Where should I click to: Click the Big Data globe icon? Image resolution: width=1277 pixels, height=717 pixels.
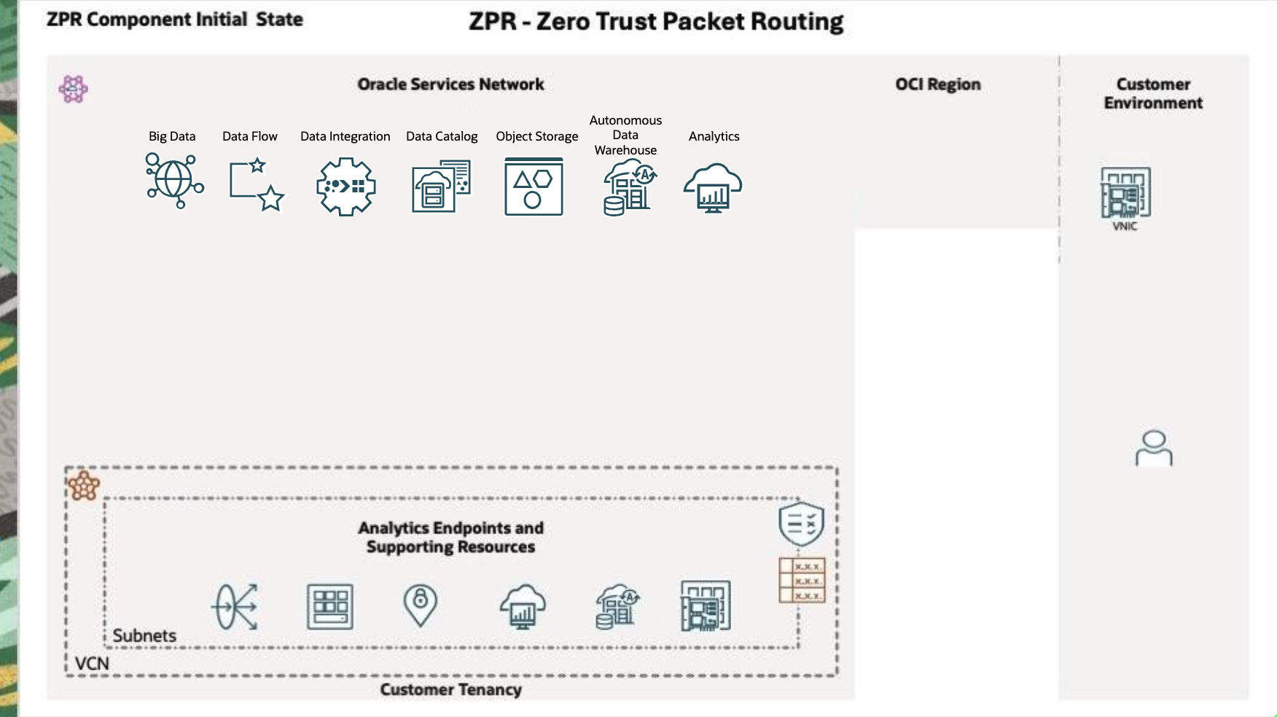click(x=174, y=181)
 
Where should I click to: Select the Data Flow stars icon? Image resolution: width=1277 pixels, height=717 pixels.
click(x=256, y=185)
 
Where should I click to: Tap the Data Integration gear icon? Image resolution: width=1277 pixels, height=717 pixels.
click(x=345, y=187)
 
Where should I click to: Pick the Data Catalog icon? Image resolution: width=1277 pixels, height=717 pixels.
click(x=441, y=187)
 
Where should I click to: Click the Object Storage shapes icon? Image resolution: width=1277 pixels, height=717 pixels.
click(x=534, y=187)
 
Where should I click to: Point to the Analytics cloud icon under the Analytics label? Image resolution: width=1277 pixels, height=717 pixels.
click(x=713, y=187)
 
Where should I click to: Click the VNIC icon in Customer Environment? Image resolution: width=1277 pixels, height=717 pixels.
click(x=1125, y=193)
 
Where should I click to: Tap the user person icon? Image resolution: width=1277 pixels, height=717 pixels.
click(x=1154, y=448)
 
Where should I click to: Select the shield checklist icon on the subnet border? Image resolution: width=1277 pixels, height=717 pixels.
click(x=801, y=523)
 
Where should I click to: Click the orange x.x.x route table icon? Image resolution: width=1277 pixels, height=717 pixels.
click(x=802, y=580)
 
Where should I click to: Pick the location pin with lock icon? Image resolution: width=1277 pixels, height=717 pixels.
click(x=420, y=605)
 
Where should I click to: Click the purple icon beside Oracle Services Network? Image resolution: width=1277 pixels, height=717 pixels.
click(x=73, y=89)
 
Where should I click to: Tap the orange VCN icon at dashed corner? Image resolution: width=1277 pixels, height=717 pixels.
click(x=84, y=485)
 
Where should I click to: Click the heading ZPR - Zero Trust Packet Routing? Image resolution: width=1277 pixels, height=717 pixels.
click(x=655, y=22)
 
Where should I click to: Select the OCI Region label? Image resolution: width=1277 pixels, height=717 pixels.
click(x=937, y=85)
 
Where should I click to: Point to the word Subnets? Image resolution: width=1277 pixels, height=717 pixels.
click(x=144, y=636)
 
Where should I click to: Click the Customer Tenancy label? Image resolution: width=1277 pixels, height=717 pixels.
click(x=450, y=689)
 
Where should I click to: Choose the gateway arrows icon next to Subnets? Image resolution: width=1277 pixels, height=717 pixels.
click(x=235, y=606)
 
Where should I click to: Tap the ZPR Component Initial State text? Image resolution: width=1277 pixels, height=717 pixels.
click(x=175, y=20)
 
